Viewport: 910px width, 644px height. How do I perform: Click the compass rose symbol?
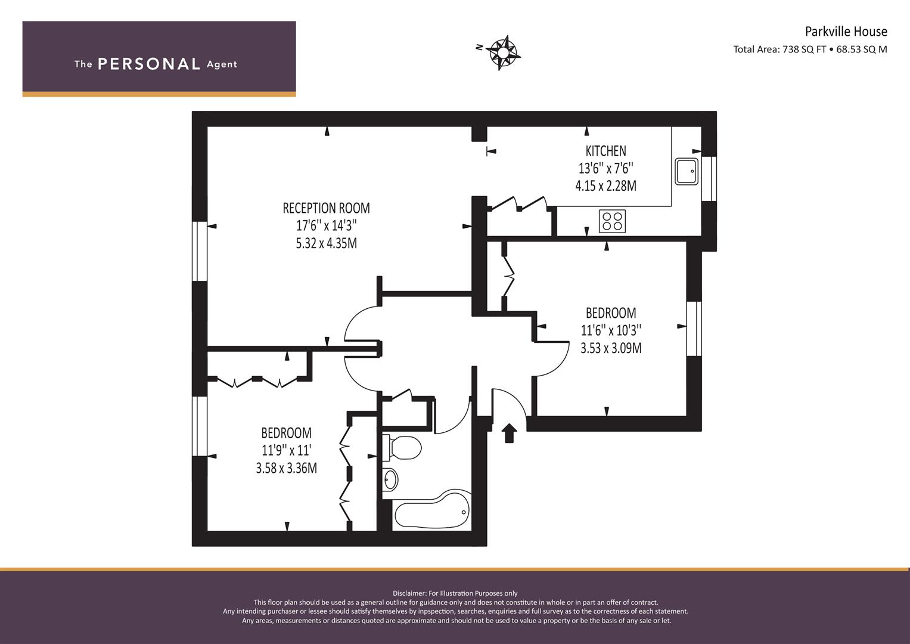[x=503, y=53]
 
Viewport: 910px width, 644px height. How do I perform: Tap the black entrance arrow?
[x=509, y=434]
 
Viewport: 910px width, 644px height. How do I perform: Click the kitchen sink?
[x=687, y=171]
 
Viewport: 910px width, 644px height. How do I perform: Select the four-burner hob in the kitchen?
[x=612, y=221]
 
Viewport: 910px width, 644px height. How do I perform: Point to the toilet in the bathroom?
[x=402, y=448]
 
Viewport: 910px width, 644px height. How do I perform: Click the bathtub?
[x=432, y=510]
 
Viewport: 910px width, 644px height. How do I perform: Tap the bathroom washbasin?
[x=390, y=479]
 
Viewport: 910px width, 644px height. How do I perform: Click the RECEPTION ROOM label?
[x=326, y=208]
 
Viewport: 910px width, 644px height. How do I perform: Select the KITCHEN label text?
[x=605, y=151]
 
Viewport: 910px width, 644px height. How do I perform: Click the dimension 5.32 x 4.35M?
[x=326, y=243]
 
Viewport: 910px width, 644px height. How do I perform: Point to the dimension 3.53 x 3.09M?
[x=611, y=348]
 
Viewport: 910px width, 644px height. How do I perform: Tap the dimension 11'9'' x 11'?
[x=287, y=450]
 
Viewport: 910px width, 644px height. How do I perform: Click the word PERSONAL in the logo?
[x=149, y=64]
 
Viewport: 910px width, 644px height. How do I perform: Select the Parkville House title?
[x=846, y=31]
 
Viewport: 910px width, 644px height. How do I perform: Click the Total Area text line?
[x=810, y=49]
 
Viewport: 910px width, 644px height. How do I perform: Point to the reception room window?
[x=200, y=251]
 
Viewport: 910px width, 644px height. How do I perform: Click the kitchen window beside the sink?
[x=709, y=178]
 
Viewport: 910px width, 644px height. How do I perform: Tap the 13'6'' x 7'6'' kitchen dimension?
[x=605, y=168]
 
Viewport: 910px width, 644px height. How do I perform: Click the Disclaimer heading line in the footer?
[x=455, y=593]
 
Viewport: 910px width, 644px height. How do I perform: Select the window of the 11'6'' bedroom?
[x=694, y=329]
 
